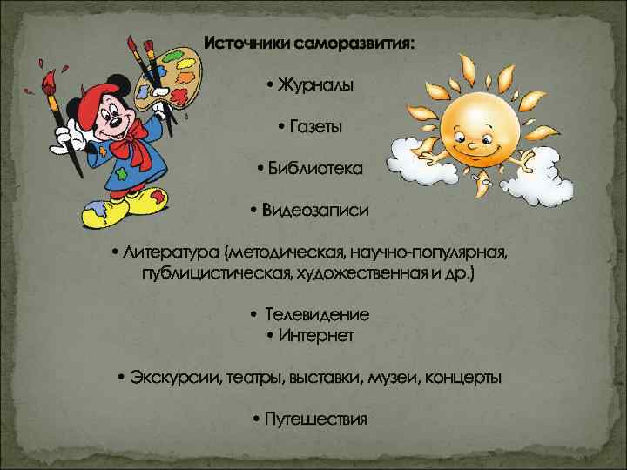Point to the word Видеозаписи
[x=315, y=210]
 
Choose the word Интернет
[x=317, y=335]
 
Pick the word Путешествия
[x=316, y=420]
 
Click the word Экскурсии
[x=175, y=378]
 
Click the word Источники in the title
[x=247, y=43]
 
